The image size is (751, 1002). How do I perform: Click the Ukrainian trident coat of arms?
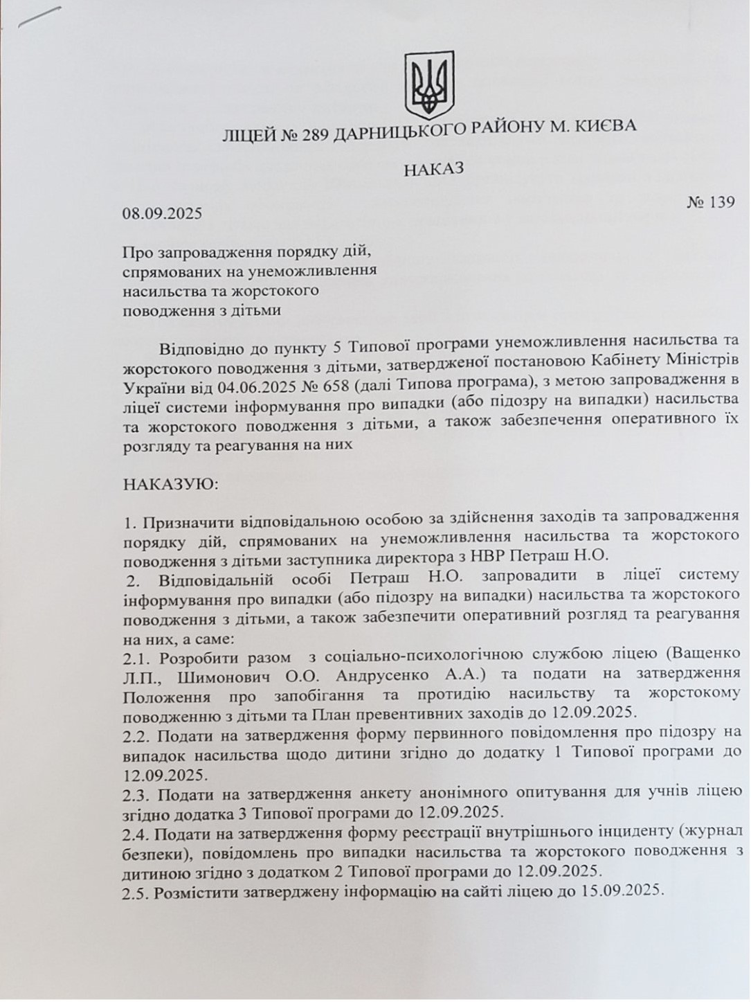click(428, 85)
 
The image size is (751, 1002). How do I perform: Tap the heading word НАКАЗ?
click(433, 168)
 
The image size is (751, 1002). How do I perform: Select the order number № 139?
click(710, 203)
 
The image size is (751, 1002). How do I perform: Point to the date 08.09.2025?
click(163, 213)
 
